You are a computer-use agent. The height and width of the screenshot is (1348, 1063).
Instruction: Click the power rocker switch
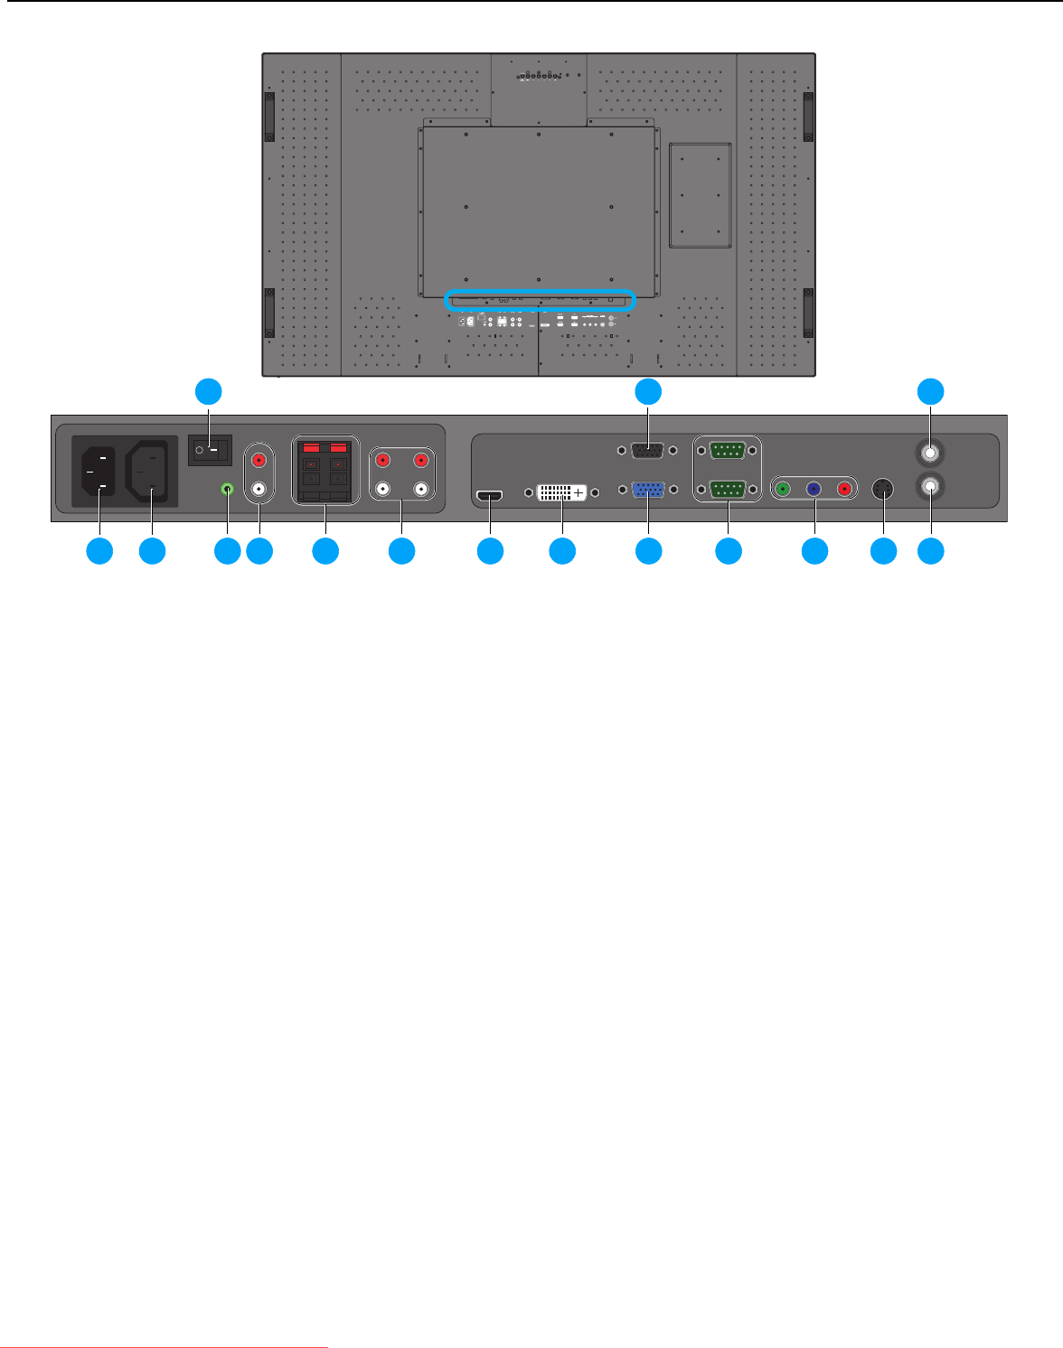[210, 449]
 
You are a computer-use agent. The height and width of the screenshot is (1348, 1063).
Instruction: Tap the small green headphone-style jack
[228, 489]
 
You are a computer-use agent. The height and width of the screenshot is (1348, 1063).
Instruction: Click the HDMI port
[489, 496]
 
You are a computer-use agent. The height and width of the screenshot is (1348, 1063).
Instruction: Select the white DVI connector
[561, 492]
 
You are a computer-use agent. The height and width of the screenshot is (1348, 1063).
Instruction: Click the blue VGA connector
[649, 490]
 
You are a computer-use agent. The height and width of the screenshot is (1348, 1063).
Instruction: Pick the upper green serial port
[728, 450]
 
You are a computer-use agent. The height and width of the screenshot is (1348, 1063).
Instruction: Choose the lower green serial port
[728, 490]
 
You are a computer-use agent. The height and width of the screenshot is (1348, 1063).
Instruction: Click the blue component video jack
[814, 489]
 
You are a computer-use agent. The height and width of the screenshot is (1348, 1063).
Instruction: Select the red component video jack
[845, 489]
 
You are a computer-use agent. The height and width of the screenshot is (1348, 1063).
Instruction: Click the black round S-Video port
[883, 489]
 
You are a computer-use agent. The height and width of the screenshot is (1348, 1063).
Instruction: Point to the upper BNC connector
[930, 451]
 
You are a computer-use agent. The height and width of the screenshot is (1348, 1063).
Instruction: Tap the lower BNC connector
[930, 487]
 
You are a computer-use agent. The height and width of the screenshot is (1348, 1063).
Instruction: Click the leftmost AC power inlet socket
[99, 472]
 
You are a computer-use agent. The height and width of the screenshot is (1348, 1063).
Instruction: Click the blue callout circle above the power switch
[209, 391]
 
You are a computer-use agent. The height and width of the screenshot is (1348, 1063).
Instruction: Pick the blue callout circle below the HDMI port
[490, 551]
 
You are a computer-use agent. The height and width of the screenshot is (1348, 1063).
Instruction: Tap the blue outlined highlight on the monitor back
[541, 301]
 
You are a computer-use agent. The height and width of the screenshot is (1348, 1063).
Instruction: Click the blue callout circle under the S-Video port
[883, 551]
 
